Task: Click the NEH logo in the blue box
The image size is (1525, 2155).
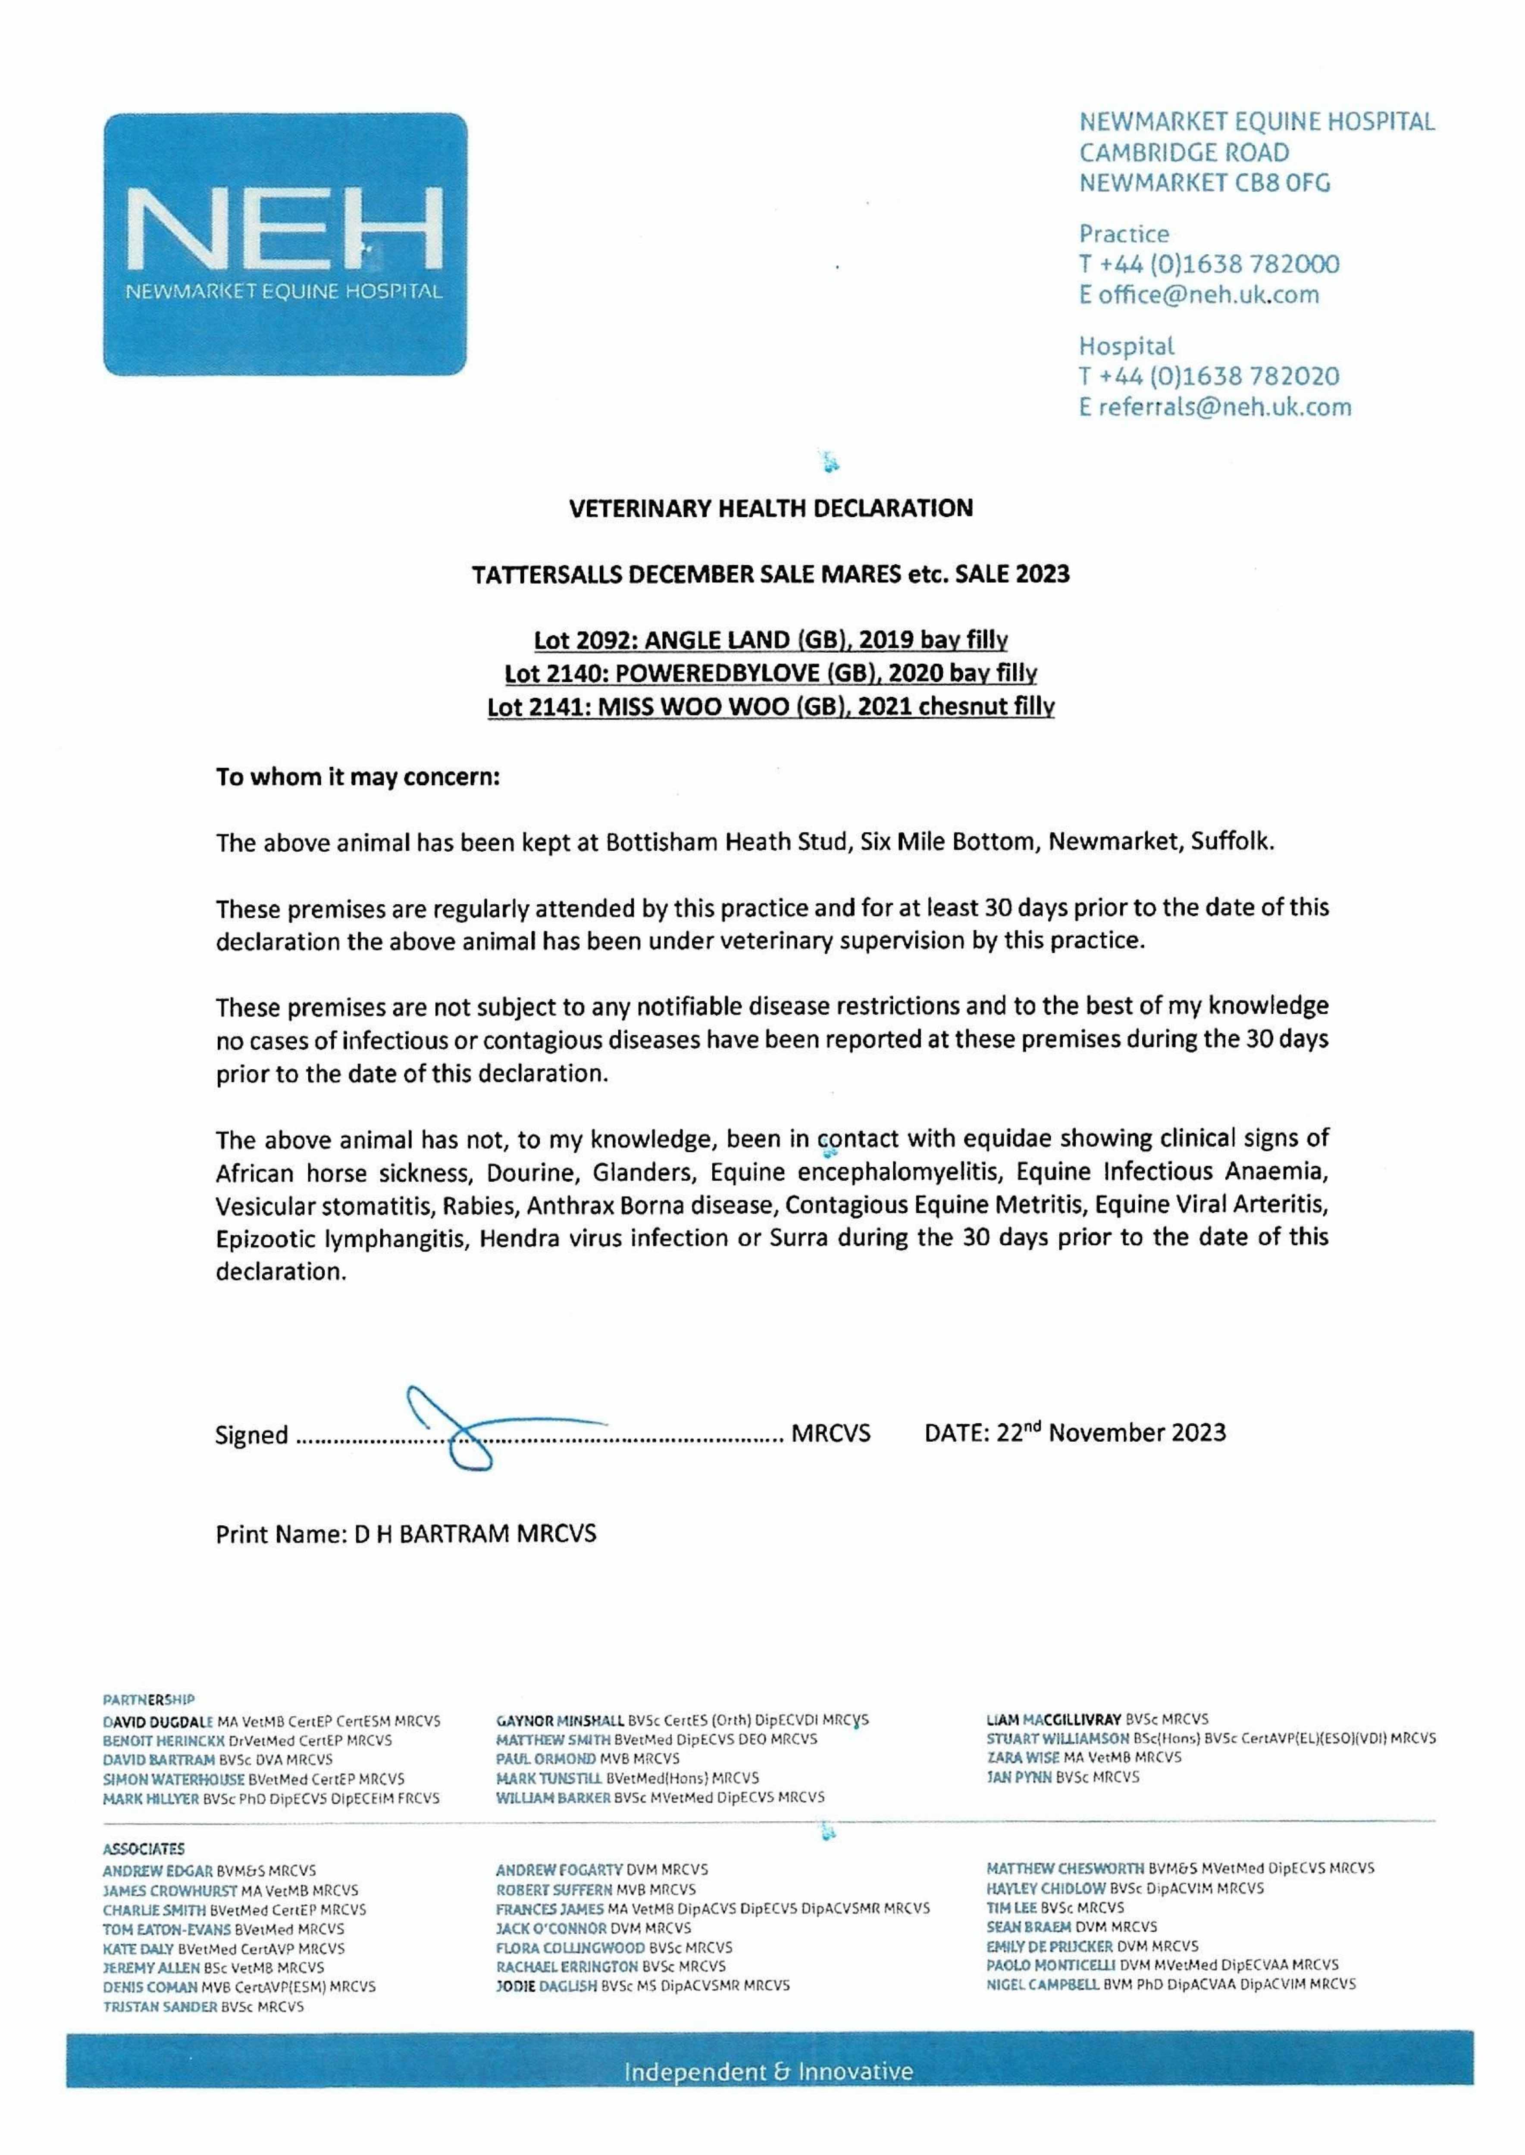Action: pyautogui.click(x=285, y=230)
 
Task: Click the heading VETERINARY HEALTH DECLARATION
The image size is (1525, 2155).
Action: pyautogui.click(x=771, y=509)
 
